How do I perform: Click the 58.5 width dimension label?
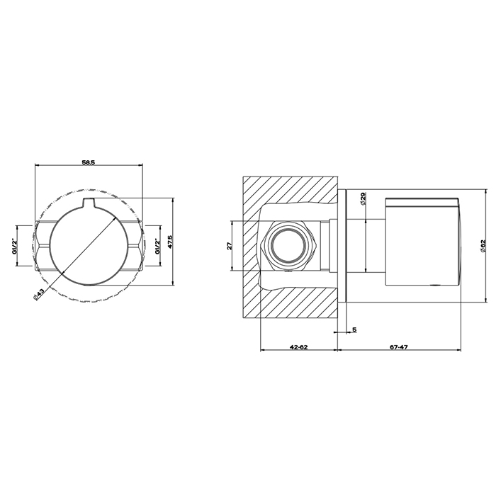[x=89, y=162]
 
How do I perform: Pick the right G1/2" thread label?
[x=157, y=247]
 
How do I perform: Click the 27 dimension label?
[x=230, y=245]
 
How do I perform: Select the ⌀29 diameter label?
[x=363, y=198]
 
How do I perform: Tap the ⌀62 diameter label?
[x=483, y=246]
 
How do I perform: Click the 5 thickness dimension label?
[x=354, y=329]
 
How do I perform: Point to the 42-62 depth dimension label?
[x=298, y=347]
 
